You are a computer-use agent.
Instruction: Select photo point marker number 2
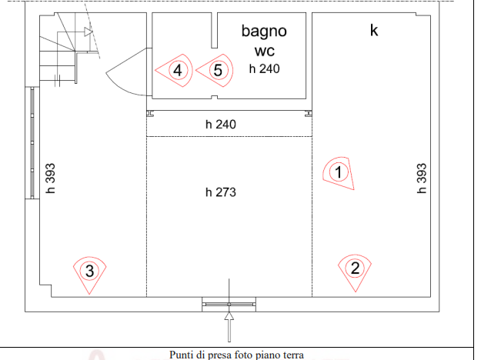(x=355, y=268)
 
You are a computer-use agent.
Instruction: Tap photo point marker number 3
(x=90, y=270)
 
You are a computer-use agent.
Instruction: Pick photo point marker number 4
(x=178, y=71)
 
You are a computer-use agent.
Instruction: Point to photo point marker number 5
(x=218, y=71)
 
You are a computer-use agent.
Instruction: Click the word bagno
(x=264, y=32)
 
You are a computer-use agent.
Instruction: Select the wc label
(x=264, y=52)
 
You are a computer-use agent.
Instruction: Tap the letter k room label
(x=375, y=31)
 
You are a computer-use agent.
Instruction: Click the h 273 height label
(x=221, y=192)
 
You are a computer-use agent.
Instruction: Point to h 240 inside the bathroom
(x=264, y=68)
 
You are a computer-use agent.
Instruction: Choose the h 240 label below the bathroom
(x=221, y=124)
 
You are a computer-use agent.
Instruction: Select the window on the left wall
(x=32, y=144)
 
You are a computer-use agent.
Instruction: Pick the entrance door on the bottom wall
(x=229, y=305)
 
